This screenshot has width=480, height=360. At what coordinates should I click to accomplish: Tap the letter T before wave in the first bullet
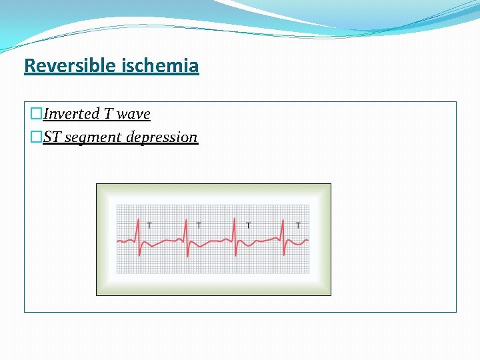click(x=107, y=114)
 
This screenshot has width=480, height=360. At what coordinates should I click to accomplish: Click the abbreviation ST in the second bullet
click(x=53, y=137)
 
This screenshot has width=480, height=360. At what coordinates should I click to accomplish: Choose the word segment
click(x=91, y=138)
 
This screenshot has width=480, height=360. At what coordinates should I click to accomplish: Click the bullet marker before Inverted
click(x=37, y=114)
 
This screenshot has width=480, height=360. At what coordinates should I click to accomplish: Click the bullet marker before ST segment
click(x=37, y=137)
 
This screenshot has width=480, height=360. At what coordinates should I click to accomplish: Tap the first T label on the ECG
click(x=149, y=225)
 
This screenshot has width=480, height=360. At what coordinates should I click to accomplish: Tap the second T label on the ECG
click(x=199, y=225)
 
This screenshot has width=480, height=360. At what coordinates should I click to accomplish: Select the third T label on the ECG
click(x=248, y=225)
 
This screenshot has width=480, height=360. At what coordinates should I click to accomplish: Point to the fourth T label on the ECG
click(x=298, y=225)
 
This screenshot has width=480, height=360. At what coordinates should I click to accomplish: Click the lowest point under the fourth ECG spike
click(x=285, y=255)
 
